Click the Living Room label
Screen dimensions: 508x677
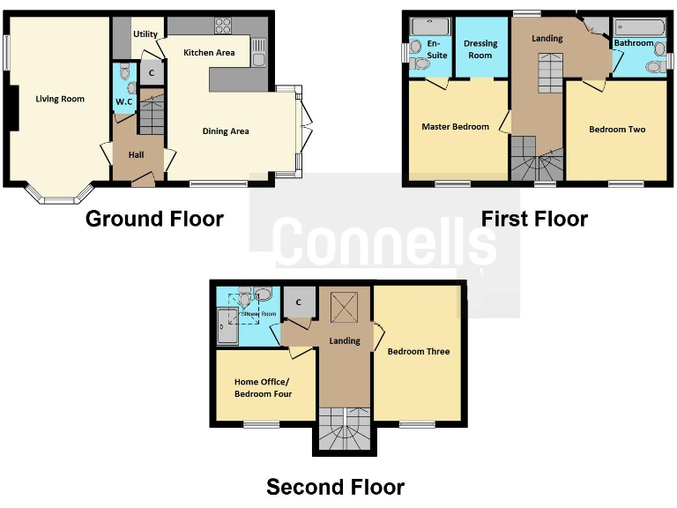tap(60, 99)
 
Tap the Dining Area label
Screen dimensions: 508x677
tap(226, 131)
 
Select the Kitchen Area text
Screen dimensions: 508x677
tap(209, 53)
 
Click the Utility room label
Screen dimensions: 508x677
tap(145, 34)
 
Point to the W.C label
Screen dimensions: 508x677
tap(124, 101)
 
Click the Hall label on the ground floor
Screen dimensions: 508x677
tap(136, 155)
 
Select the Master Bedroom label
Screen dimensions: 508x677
tap(455, 127)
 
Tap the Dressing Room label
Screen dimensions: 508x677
tap(480, 49)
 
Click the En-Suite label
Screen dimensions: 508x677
tap(432, 48)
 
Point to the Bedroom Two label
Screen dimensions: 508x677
tap(617, 130)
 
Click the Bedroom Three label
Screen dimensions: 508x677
tap(419, 352)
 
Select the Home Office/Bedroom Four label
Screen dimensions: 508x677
tap(263, 388)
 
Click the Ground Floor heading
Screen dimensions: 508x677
tap(154, 219)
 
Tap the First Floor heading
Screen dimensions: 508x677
tap(535, 219)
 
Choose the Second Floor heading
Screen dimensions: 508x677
tap(335, 487)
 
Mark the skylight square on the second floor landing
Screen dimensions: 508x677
tap(342, 308)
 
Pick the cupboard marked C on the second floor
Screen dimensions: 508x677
tap(299, 302)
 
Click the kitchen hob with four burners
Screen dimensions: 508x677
tap(223, 25)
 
